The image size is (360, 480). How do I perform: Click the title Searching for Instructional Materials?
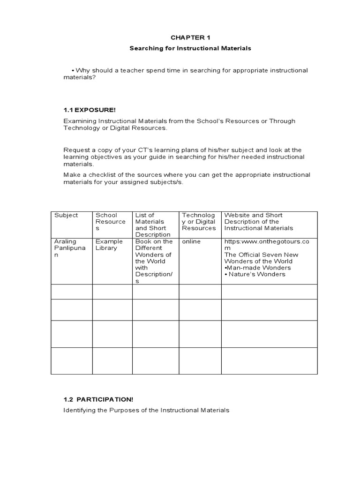click(190, 48)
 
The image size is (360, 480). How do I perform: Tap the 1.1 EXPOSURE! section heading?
click(90, 110)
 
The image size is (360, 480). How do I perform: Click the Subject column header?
click(66, 215)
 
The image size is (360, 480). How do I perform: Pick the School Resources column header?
click(110, 222)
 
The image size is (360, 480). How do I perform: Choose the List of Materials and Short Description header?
click(153, 225)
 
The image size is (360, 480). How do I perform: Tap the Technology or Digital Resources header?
click(199, 222)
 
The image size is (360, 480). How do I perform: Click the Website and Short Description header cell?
click(259, 222)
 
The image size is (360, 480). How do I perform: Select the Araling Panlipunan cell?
click(70, 248)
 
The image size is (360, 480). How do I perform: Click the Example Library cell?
click(109, 245)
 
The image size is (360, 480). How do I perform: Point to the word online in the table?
click(191, 241)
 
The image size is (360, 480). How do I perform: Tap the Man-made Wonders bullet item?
click(258, 268)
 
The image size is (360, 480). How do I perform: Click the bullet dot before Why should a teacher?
click(74, 70)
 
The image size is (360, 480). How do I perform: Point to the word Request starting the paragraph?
click(76, 150)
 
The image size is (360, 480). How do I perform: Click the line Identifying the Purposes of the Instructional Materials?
click(146, 410)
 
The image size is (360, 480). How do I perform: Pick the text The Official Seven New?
click(261, 255)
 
